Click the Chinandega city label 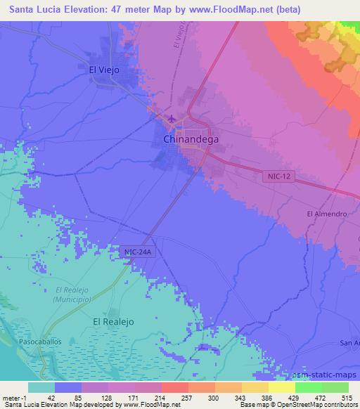pyautogui.click(x=191, y=139)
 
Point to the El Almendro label pyautogui.click(x=327, y=214)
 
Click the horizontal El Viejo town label pyautogui.click(x=103, y=70)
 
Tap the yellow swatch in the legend pyautogui.click(x=282, y=387)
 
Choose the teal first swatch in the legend pyautogui.click(x=41, y=387)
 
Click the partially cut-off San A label pyautogui.click(x=349, y=343)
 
